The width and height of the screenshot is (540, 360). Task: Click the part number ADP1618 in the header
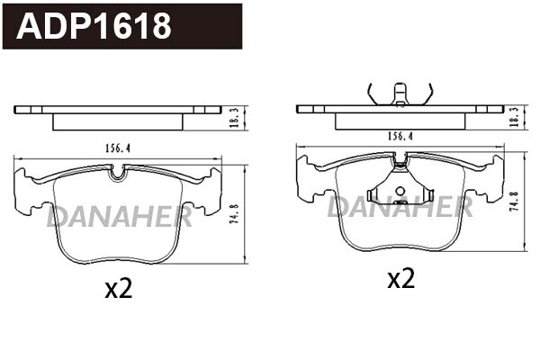pyautogui.click(x=94, y=26)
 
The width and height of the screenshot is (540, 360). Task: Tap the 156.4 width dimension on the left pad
pyautogui.click(x=116, y=148)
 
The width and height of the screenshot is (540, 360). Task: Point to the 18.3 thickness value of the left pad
pyautogui.click(x=233, y=118)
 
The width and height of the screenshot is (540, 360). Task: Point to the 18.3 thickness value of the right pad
pyautogui.click(x=515, y=118)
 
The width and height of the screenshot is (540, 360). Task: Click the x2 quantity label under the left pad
pyautogui.click(x=119, y=289)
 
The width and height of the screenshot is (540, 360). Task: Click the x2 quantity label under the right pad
pyautogui.click(x=401, y=278)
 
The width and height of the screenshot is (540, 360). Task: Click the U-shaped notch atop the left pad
pyautogui.click(x=118, y=173)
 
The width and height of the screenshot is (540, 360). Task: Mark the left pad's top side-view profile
pyautogui.click(x=118, y=114)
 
